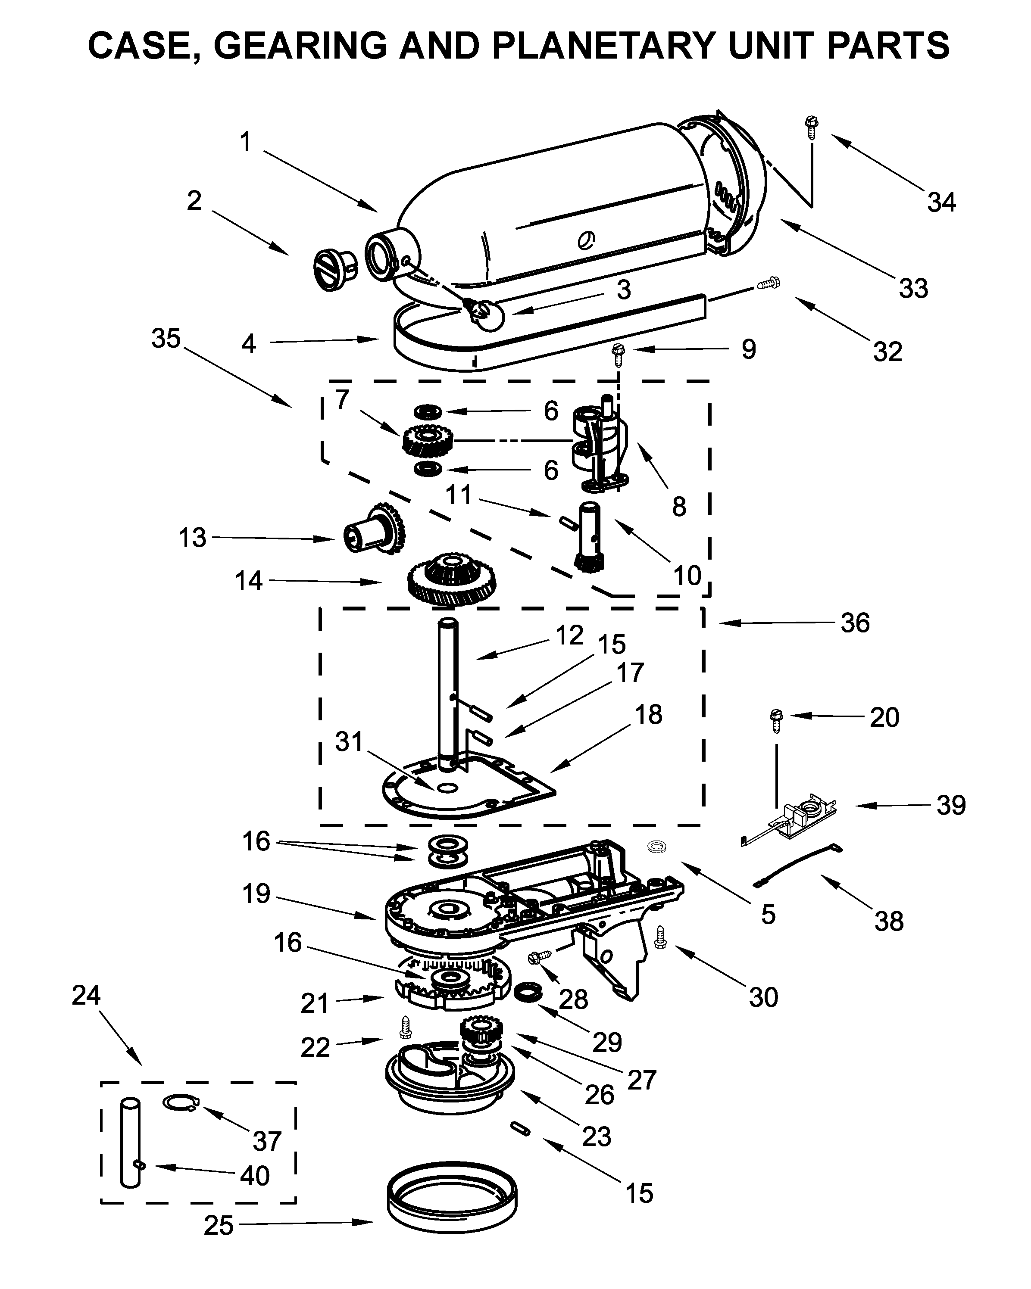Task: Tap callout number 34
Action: click(941, 202)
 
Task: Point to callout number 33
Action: click(913, 288)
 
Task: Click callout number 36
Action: click(855, 623)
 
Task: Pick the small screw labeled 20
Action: click(777, 720)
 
